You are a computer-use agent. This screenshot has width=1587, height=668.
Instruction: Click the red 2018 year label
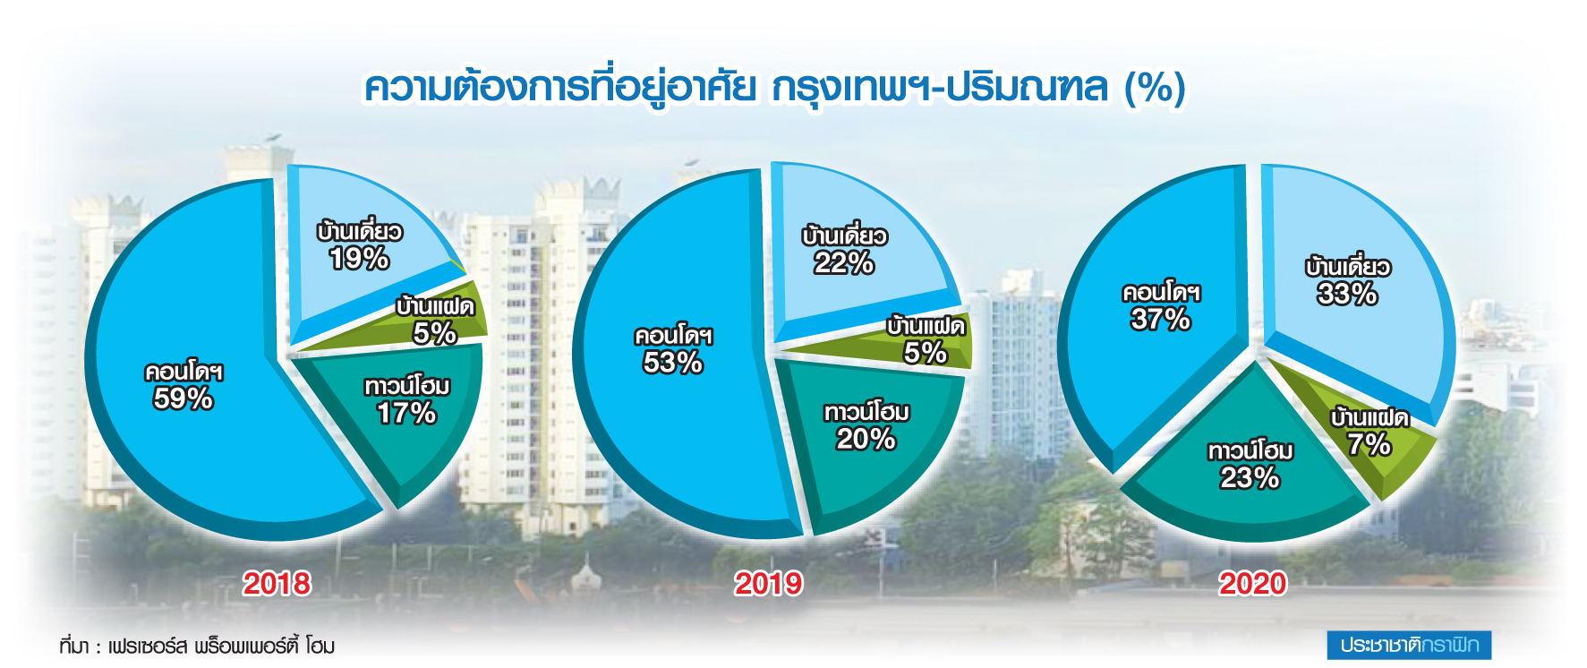[277, 584]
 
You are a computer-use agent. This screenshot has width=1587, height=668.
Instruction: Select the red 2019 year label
[768, 584]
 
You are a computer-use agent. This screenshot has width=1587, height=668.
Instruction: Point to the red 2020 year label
[1252, 584]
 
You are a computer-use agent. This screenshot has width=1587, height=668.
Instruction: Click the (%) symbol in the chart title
[1156, 88]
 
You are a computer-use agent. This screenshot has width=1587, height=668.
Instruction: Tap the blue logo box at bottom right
[1409, 645]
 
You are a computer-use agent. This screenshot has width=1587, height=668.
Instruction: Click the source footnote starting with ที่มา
[197, 645]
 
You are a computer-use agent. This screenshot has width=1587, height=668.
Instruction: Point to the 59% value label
[183, 398]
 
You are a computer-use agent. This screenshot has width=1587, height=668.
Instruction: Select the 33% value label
[1347, 294]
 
